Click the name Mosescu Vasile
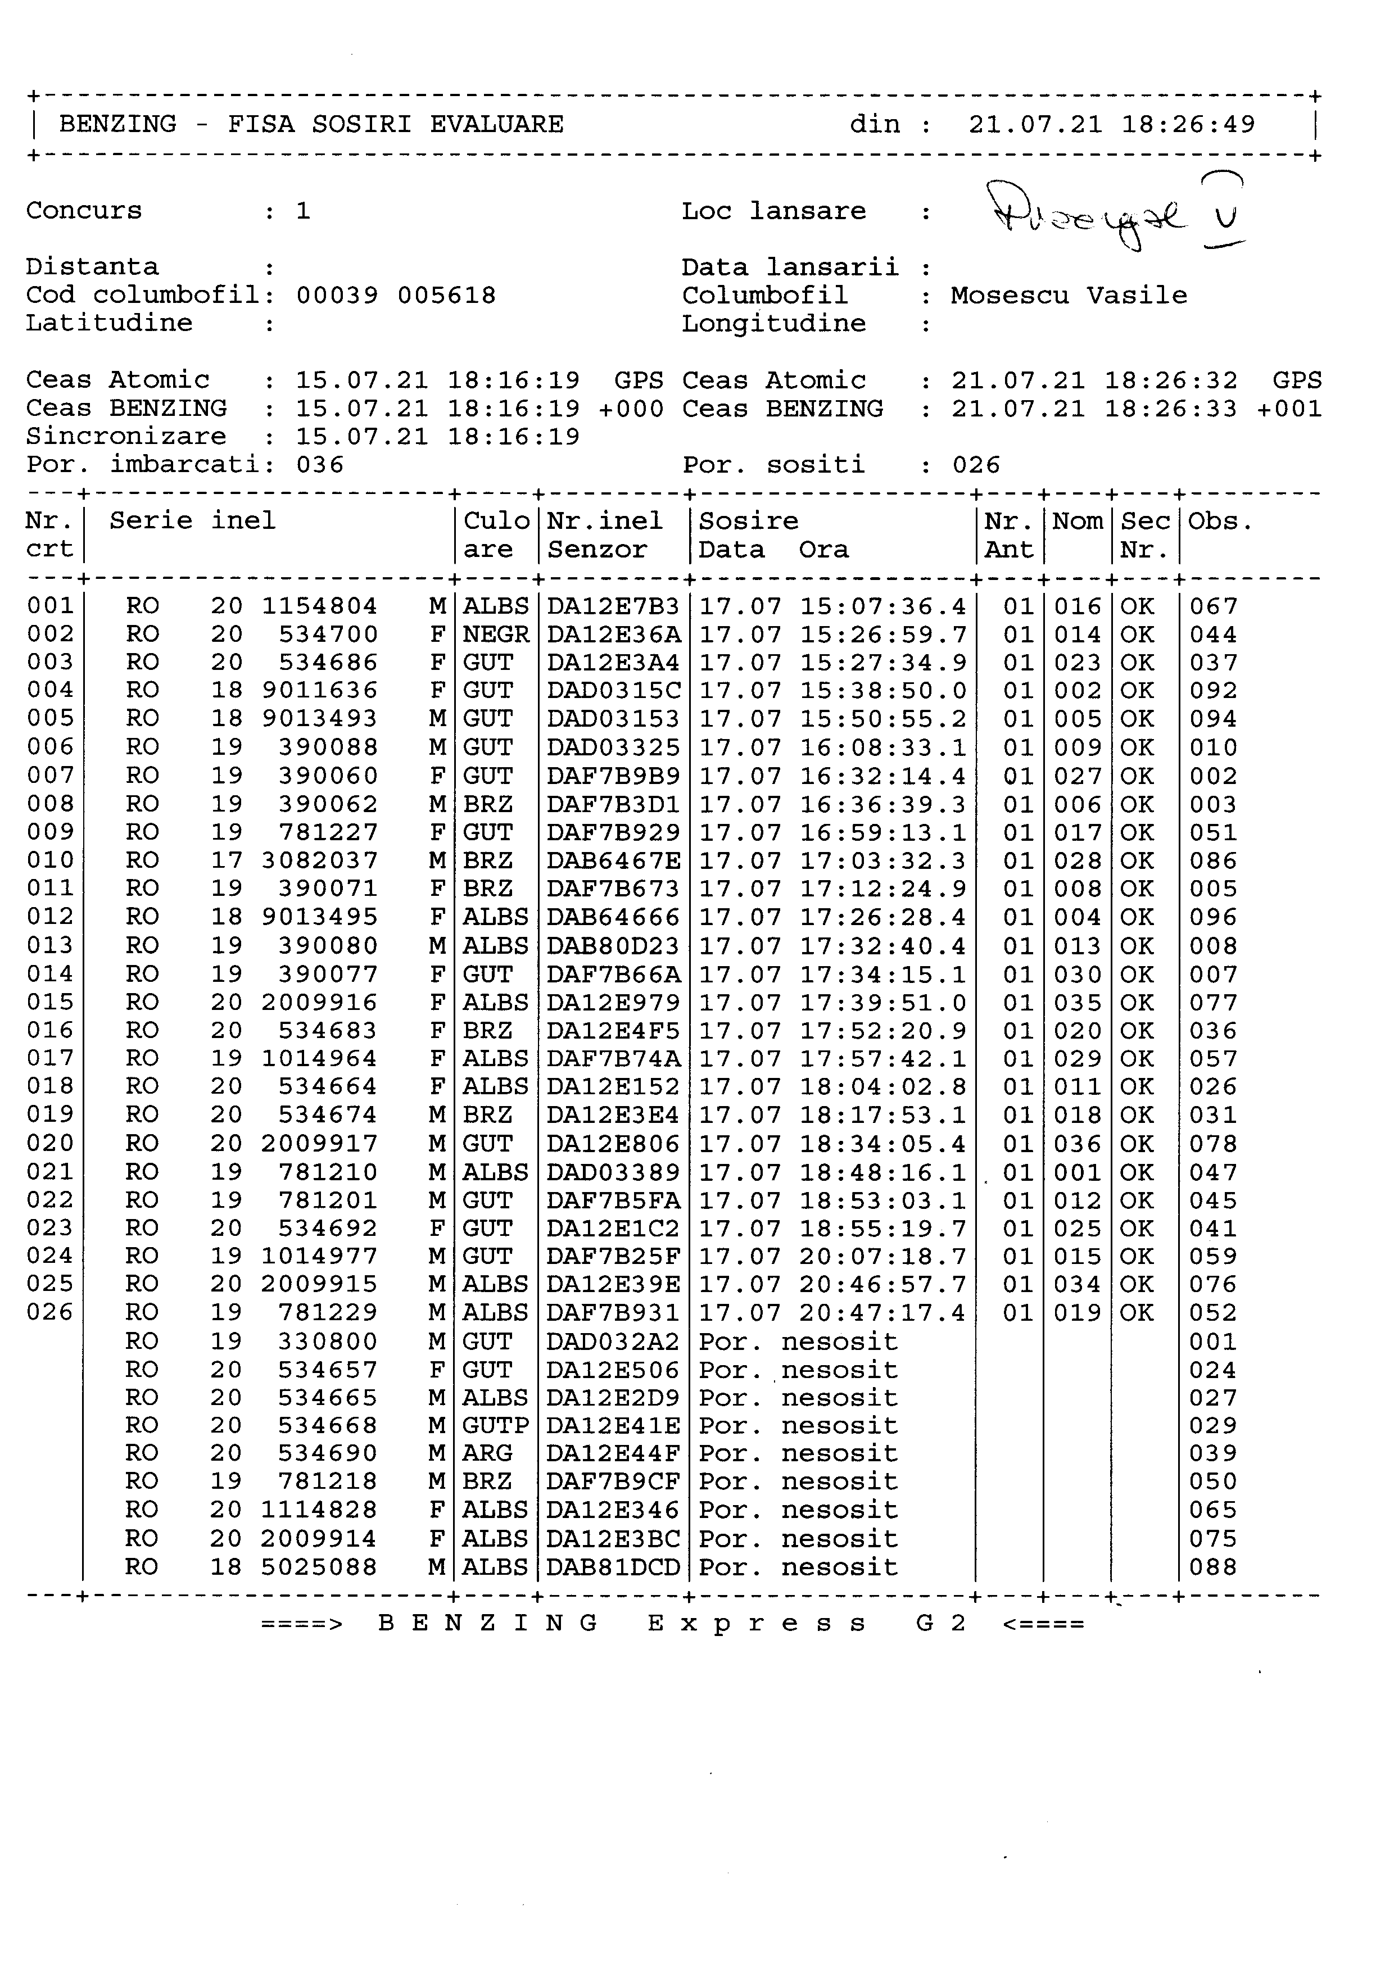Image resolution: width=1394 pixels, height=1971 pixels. tap(1069, 295)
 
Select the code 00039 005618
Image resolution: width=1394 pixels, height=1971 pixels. tap(396, 295)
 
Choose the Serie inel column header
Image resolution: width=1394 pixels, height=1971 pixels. tap(192, 521)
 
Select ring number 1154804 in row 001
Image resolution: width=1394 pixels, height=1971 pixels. tap(319, 606)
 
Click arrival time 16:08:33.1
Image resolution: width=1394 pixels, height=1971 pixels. tap(883, 747)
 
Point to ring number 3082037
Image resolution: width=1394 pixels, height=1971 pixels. tap(319, 860)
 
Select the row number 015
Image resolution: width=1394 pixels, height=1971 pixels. tap(50, 1002)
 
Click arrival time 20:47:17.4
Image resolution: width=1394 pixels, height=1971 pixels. tap(883, 1312)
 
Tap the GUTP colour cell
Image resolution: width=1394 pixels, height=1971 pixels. tap(495, 1426)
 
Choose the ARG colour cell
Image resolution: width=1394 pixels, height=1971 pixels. tap(487, 1453)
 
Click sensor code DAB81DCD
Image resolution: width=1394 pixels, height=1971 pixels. tap(613, 1567)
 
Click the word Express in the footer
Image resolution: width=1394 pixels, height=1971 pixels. tap(757, 1623)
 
